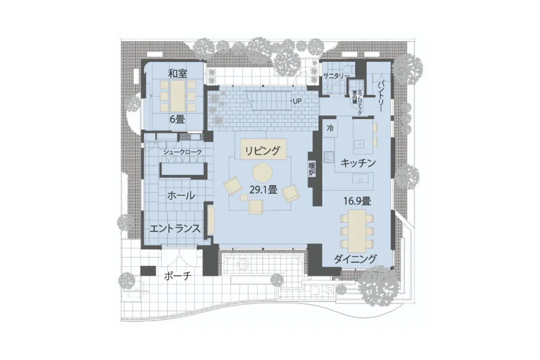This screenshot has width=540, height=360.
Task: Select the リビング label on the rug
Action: pyautogui.click(x=262, y=150)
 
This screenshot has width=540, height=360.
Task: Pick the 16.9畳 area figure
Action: pyautogui.click(x=358, y=201)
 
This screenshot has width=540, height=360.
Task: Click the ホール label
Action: pyautogui.click(x=180, y=196)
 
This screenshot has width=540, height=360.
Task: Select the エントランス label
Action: pyautogui.click(x=174, y=228)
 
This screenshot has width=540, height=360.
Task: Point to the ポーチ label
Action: pyautogui.click(x=177, y=276)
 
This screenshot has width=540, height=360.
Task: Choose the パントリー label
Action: pyautogui.click(x=382, y=97)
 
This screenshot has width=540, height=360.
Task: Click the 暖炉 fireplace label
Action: pyautogui.click(x=312, y=169)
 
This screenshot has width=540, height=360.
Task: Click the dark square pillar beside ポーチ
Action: pyautogui.click(x=148, y=271)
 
